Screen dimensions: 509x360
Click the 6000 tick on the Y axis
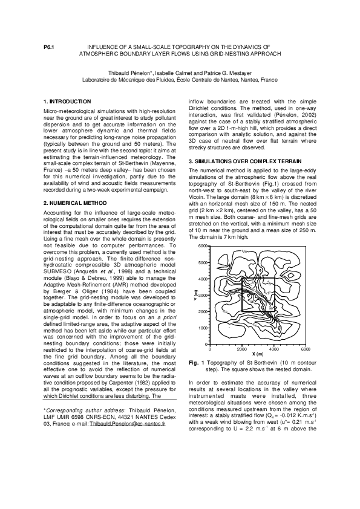click(x=203, y=247)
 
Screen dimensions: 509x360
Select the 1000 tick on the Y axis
click(x=203, y=328)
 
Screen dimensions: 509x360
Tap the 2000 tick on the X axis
click(x=242, y=349)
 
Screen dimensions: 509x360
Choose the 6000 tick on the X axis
click(x=306, y=349)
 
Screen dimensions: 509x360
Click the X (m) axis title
click(x=257, y=354)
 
